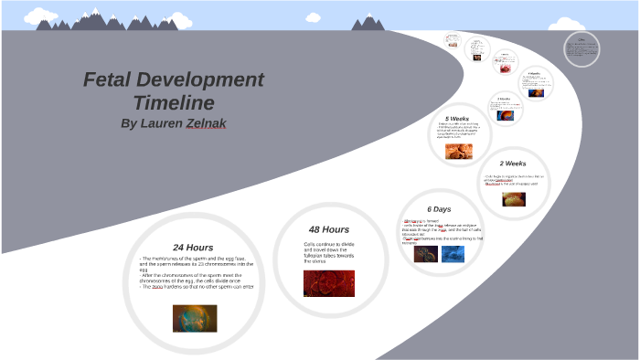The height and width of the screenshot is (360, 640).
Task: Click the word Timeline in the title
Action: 174,102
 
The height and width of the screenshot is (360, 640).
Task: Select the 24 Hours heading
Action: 194,247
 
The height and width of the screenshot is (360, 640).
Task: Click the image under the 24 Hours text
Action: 195,318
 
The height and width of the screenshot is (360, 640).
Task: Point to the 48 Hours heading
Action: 329,229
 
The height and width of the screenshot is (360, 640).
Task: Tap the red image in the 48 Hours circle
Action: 329,283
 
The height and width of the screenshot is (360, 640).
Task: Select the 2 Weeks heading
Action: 513,164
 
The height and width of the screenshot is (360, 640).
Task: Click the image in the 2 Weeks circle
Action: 514,198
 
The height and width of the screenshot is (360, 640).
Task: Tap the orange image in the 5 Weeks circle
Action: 459,151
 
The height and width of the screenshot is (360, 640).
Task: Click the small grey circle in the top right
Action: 581,49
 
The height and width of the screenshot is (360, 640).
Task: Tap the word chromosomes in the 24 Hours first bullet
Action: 222,264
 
